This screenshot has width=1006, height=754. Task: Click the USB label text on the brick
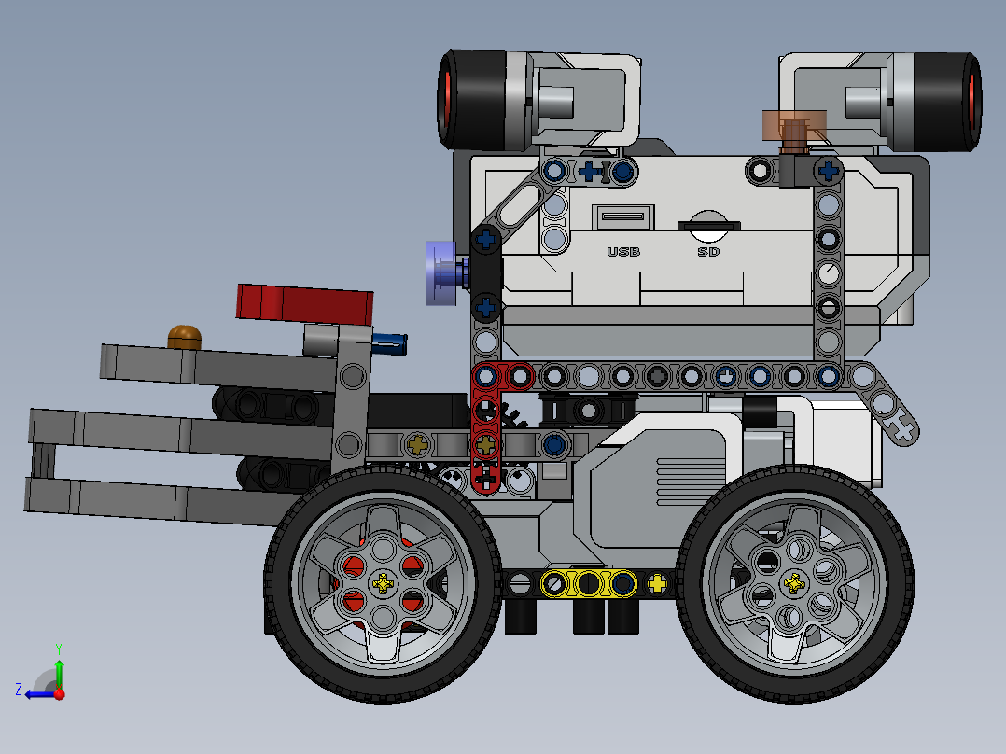[x=622, y=252]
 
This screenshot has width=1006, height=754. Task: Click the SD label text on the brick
[x=708, y=252]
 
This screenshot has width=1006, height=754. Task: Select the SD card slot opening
[x=708, y=224]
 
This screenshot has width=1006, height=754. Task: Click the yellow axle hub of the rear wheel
[x=794, y=584]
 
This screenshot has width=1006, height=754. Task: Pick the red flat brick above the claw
[x=304, y=302]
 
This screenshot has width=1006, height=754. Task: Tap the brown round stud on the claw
[x=185, y=337]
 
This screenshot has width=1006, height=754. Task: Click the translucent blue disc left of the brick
[x=439, y=272]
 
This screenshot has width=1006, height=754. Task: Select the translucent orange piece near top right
[x=793, y=125]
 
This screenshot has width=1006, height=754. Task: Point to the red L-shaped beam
[x=487, y=420]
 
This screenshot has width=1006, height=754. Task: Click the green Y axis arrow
[x=59, y=668]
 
